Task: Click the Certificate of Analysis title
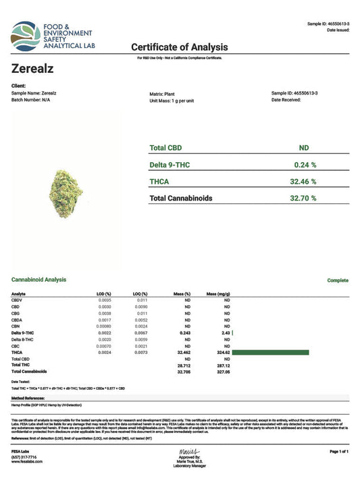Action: [x=179, y=47]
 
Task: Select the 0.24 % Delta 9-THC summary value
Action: [x=305, y=164]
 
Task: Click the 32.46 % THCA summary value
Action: [x=304, y=182]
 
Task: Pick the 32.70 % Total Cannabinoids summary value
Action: [x=304, y=199]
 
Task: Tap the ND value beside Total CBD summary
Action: [x=304, y=147]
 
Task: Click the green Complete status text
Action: [x=338, y=280]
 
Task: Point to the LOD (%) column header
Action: [x=103, y=294]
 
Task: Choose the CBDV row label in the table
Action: [x=18, y=301]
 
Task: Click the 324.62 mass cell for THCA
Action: [x=222, y=352]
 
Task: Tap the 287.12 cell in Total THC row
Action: [x=222, y=365]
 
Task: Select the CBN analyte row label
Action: [x=17, y=326]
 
